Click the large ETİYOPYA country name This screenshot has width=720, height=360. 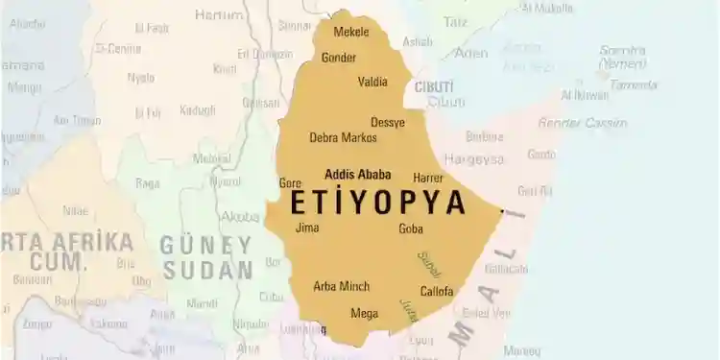tap(378, 203)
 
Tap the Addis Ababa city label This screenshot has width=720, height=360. tap(358, 175)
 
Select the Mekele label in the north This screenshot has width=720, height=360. tap(351, 32)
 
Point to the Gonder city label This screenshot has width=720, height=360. tap(339, 58)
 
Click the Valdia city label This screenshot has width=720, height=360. tap(372, 83)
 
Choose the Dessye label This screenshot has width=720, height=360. tap(388, 123)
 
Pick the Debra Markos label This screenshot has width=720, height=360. tap(343, 138)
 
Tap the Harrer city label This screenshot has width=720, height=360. tap(428, 179)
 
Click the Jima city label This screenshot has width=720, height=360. tap(307, 228)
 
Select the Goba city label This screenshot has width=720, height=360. tap(411, 229)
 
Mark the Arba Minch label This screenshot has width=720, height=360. tap(342, 287)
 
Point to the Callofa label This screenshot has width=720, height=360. tap(437, 292)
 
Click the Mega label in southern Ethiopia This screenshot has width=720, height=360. tap(364, 314)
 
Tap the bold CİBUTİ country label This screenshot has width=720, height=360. tap(434, 87)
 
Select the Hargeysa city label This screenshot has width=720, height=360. tap(472, 159)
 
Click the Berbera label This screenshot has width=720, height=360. tap(484, 137)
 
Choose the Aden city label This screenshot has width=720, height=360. tap(471, 54)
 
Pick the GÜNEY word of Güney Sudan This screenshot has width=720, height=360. tap(205, 245)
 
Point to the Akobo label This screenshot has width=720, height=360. tap(239, 217)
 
